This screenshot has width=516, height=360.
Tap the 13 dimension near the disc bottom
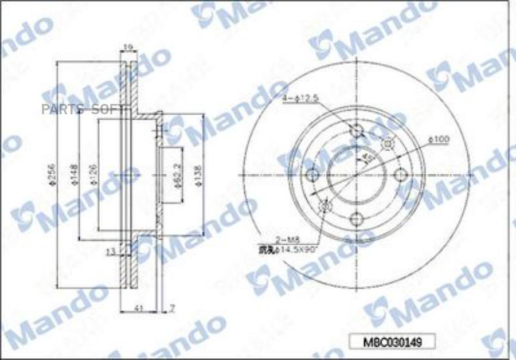(x=111, y=251)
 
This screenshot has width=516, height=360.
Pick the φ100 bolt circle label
(x=439, y=139)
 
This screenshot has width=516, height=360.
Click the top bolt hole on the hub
(x=357, y=131)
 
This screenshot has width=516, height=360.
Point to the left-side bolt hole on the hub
(x=313, y=175)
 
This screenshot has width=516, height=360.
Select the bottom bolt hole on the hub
(x=357, y=218)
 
